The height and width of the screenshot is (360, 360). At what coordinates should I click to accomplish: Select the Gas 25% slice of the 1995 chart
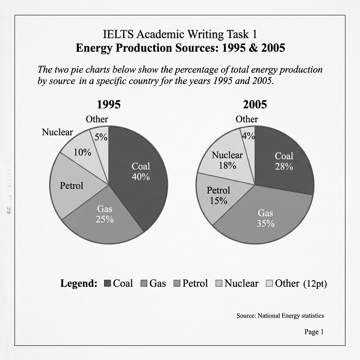pos(105,214)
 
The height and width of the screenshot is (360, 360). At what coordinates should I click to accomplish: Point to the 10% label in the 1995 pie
pos(82,153)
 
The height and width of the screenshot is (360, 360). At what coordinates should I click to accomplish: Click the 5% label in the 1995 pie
pos(101,137)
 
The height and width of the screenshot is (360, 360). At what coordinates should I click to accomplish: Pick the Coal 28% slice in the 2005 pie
pos(284,161)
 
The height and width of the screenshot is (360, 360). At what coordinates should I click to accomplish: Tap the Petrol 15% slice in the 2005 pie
pos(218,195)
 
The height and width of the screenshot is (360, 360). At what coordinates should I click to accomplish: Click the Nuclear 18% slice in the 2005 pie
pos(227,160)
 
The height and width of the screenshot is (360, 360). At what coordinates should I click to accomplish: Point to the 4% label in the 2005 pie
pos(249,136)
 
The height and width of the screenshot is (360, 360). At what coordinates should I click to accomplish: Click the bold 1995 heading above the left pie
pos(109,104)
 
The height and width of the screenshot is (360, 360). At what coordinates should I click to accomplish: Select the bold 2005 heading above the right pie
pos(255,104)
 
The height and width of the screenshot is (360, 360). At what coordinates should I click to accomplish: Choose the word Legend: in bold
pos(79,283)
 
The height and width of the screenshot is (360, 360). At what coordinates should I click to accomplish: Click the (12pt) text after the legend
pos(315,283)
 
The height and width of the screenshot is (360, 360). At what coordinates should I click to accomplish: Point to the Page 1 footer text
pos(314,332)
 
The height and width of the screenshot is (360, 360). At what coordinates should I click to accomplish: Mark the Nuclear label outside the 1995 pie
pos(57,132)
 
